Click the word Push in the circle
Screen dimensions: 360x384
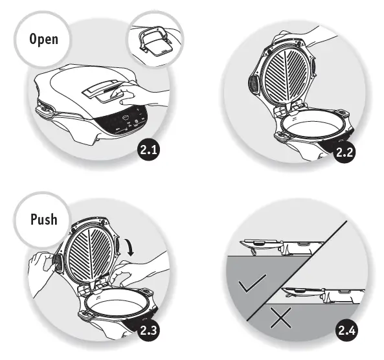43,219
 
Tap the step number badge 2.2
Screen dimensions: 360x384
344,152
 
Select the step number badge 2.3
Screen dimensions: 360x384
150,332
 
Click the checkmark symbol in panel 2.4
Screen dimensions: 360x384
252,285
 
